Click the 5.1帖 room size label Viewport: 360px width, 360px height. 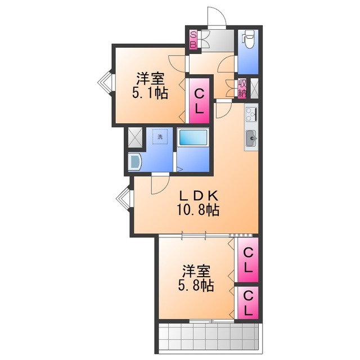150,94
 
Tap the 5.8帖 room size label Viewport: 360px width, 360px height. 196,286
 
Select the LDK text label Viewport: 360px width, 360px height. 198,196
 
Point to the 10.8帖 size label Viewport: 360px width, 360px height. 199,211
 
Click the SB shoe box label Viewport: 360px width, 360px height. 192,38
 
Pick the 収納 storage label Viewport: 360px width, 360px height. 242,88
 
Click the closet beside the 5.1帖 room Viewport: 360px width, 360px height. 199,101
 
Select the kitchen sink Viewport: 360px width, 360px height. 251,136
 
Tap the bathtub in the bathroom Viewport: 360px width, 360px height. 193,139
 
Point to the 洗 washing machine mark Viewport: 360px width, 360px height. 160,136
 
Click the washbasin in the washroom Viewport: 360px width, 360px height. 136,162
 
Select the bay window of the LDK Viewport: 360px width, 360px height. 124,199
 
